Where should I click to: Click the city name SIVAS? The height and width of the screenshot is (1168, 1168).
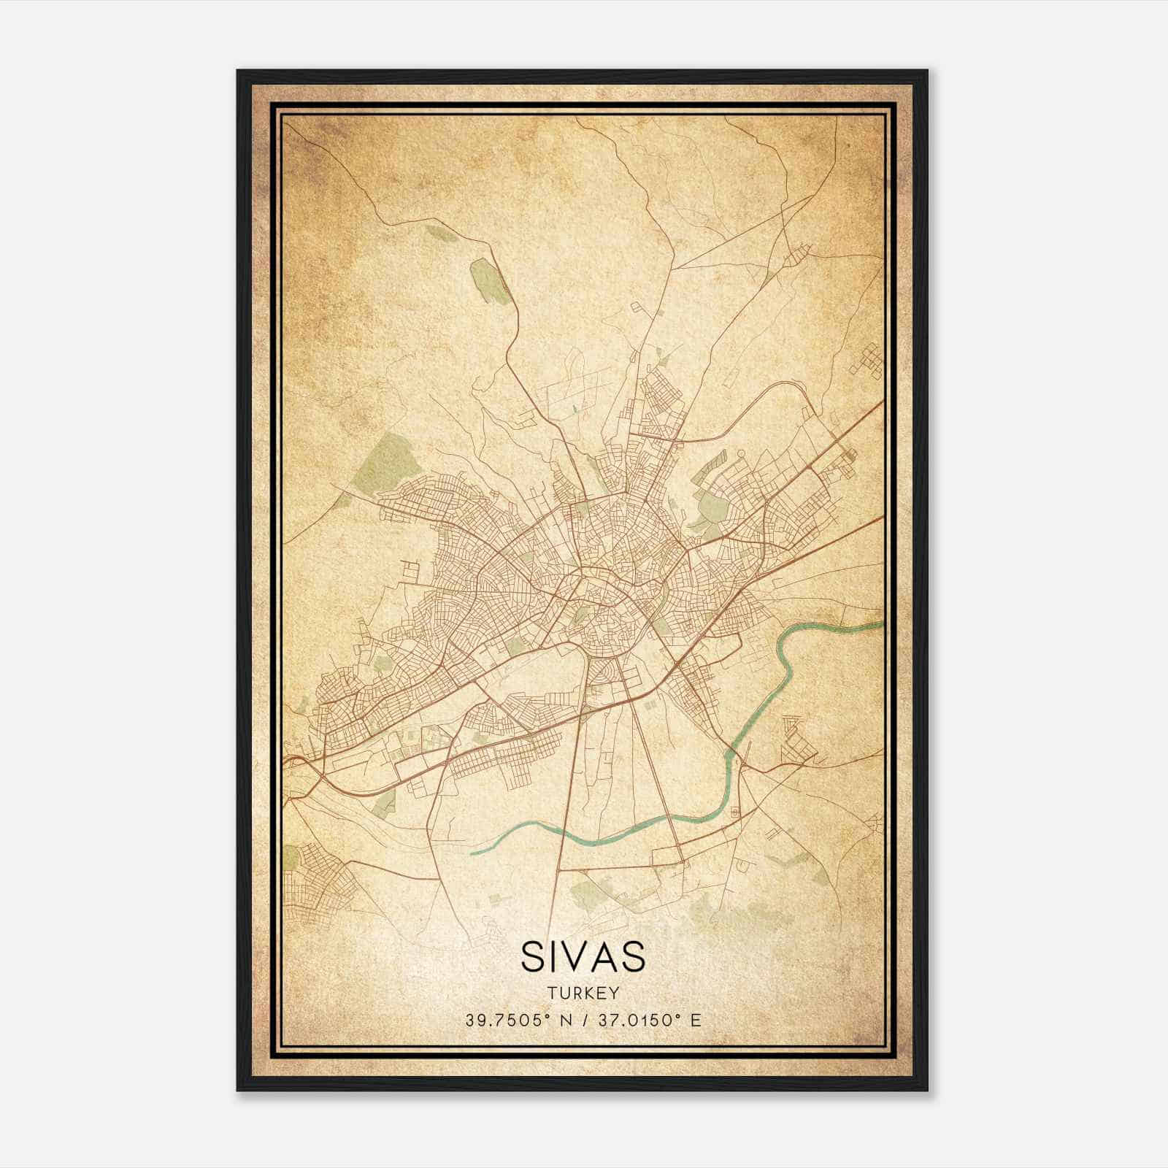pyautogui.click(x=583, y=956)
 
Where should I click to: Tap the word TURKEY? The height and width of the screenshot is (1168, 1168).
pyautogui.click(x=583, y=993)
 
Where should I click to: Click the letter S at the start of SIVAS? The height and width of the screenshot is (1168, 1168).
pyautogui.click(x=531, y=956)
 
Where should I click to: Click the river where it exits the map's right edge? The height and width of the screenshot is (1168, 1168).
pyautogui.click(x=880, y=625)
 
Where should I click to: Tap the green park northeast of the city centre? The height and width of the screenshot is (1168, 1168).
pyautogui.click(x=708, y=504)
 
